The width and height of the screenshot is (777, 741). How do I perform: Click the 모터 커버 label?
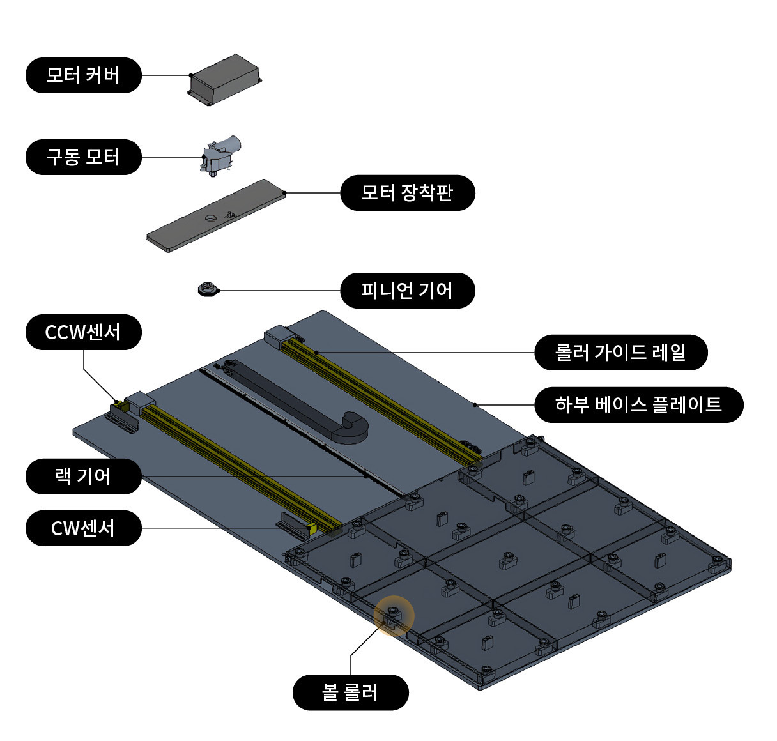tap(83, 75)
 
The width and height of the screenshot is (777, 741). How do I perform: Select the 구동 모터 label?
tap(83, 157)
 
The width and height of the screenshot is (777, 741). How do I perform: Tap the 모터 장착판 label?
tap(407, 193)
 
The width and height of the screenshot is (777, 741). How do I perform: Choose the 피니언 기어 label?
tap(407, 291)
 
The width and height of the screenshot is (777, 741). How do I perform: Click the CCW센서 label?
tap(83, 332)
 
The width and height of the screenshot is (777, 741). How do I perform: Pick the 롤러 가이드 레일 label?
tap(620, 352)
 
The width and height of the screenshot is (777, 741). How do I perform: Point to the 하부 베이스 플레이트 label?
tap(638, 404)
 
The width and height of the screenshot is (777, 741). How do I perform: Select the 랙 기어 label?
tap(83, 477)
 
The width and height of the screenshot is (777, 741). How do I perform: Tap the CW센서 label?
tap(83, 528)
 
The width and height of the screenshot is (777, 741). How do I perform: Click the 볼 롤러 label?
tap(350, 692)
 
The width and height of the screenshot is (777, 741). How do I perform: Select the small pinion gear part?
tap(206, 290)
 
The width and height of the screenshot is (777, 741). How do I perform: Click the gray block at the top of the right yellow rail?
tap(278, 336)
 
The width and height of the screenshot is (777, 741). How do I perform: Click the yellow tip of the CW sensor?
tap(312, 528)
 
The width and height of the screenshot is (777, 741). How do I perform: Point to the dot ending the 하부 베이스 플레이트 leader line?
tap(474, 404)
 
